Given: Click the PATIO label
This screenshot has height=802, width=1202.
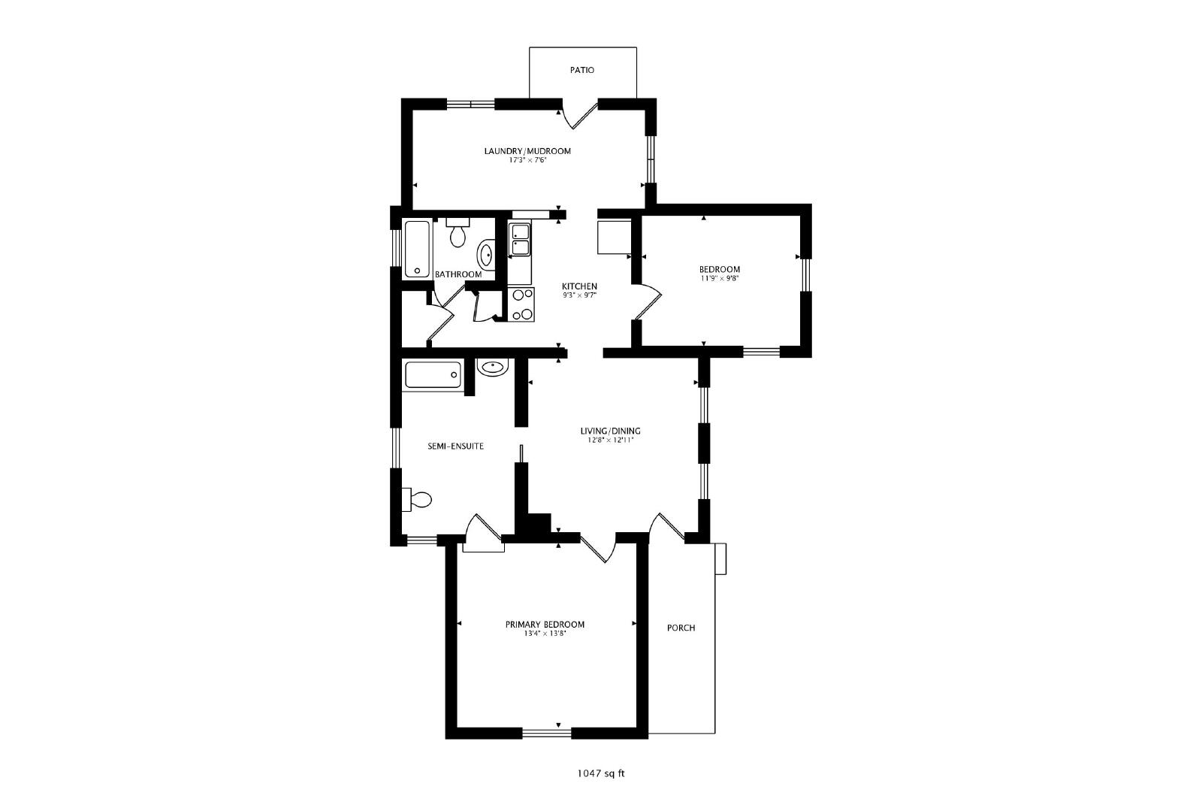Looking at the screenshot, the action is (x=581, y=70).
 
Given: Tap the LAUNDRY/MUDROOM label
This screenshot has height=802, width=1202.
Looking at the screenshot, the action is (x=527, y=151).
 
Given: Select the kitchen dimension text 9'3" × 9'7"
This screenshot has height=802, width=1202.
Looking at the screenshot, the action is (x=579, y=295).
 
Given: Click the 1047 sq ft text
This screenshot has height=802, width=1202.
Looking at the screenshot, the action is (x=601, y=773).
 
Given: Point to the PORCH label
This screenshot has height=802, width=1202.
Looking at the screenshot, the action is (x=681, y=628).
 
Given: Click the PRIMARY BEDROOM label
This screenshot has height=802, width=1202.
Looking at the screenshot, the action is (x=545, y=625).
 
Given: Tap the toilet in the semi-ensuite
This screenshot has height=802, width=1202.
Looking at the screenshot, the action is (x=417, y=499).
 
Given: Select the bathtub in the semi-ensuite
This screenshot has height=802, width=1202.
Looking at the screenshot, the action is (x=433, y=375).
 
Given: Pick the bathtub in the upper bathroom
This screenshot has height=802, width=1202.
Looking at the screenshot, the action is (x=417, y=249).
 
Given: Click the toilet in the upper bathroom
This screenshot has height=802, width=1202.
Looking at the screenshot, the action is (x=458, y=232).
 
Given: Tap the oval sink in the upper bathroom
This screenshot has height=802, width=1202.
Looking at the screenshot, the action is (x=485, y=255).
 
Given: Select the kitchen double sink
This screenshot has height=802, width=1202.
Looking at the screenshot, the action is (x=520, y=240).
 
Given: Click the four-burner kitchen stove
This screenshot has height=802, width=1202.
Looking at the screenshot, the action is (x=521, y=304).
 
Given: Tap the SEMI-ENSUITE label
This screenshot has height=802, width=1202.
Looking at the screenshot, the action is (x=455, y=446).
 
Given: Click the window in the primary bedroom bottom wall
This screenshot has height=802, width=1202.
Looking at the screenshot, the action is (x=547, y=734).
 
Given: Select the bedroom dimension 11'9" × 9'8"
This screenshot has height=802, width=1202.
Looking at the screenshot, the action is (x=720, y=279).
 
